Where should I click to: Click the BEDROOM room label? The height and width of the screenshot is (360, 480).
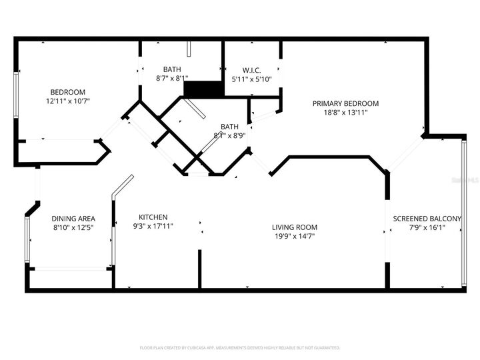[67, 92]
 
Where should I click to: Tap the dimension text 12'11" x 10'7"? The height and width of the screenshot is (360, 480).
[67, 101]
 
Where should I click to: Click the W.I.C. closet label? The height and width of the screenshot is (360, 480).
[251, 69]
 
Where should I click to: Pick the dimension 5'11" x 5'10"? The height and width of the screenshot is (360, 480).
[251, 79]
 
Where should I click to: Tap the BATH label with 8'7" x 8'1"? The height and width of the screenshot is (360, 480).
[172, 69]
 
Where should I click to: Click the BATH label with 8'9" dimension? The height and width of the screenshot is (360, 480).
[229, 127]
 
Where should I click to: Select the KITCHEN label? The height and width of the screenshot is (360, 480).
[153, 217]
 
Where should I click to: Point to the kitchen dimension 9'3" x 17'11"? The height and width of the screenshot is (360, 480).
[153, 227]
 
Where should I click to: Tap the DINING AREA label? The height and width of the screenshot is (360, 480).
[73, 219]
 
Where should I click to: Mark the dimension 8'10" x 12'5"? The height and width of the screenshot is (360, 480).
[73, 228]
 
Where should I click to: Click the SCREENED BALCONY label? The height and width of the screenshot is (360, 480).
[427, 219]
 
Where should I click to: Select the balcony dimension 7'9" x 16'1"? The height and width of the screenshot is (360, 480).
[427, 228]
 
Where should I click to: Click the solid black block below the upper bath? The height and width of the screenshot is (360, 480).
[203, 89]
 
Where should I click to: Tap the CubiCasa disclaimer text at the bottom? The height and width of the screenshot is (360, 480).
[240, 348]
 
